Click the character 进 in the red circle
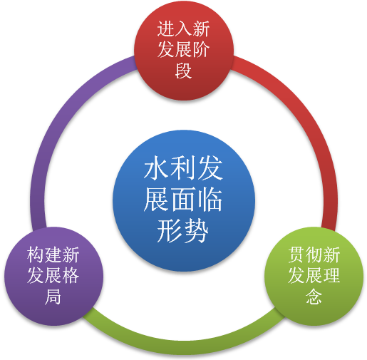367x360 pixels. (165, 29)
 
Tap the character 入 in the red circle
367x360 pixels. (183, 29)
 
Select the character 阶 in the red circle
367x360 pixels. (201, 50)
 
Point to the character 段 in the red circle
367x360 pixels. (183, 71)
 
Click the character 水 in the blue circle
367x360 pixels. (156, 168)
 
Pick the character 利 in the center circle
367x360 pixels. (183, 168)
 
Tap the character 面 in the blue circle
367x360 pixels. (183, 199)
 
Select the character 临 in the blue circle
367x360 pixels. (210, 199)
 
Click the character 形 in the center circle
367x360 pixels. (170, 231)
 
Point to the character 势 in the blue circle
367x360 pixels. (197, 231)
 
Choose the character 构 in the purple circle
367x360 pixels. (36, 254)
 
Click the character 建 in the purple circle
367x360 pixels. (53, 254)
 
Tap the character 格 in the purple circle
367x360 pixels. (71, 276)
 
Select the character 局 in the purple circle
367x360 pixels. (53, 297)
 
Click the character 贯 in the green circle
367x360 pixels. (296, 254)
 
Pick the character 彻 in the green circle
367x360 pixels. (314, 254)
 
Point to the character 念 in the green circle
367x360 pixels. (314, 297)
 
